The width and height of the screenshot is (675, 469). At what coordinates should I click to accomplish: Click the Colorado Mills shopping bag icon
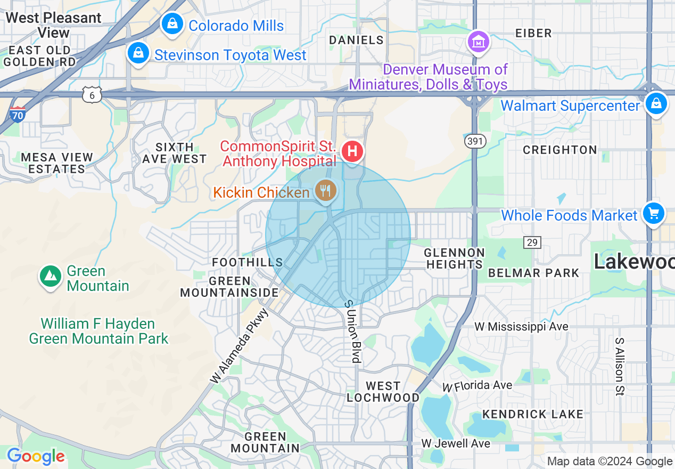coord(172,25)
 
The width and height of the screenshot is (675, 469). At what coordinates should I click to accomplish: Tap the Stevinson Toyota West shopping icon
coord(138,54)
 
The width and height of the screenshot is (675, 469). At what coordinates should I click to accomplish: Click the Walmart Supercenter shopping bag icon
coord(656,104)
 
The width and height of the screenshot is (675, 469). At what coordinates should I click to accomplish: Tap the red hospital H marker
coord(352,151)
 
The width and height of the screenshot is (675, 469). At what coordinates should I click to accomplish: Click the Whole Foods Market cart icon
coord(653,214)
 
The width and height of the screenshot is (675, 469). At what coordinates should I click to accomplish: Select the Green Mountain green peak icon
coord(50,276)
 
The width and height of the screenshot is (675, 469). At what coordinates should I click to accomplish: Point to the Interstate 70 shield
coord(18,114)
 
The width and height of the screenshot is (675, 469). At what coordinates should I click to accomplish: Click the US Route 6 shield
coord(92,95)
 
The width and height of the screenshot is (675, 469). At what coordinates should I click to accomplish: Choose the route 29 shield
coord(532,243)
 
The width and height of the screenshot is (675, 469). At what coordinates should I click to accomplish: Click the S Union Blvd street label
coord(352,331)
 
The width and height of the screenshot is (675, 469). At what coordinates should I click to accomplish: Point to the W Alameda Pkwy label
coord(240,345)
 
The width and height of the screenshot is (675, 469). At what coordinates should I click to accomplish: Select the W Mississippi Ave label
coord(528,326)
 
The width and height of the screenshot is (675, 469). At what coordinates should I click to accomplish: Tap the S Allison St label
coord(619,366)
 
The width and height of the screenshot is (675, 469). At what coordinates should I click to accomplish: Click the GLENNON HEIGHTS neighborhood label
coord(455,258)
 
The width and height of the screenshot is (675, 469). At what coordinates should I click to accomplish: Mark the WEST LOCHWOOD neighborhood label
coord(383,392)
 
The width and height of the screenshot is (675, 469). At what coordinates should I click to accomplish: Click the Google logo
coord(36,457)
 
